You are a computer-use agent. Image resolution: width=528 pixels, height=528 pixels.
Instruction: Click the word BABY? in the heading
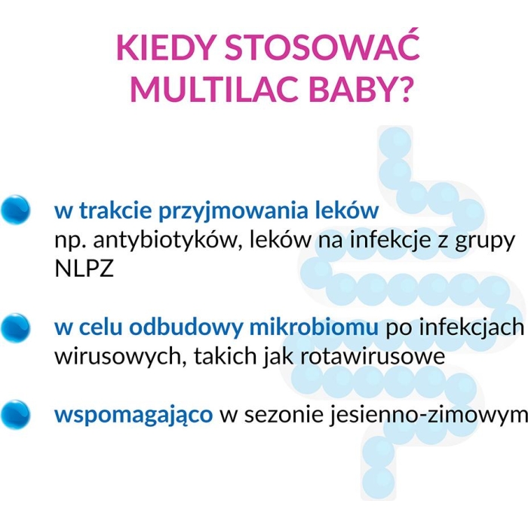click(x=360, y=87)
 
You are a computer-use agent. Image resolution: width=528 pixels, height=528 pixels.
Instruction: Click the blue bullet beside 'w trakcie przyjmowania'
click(x=15, y=210)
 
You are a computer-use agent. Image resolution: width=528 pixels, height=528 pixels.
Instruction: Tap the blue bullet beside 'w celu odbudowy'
click(x=15, y=328)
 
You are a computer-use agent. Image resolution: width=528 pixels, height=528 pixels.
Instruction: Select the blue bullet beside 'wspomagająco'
click(x=15, y=414)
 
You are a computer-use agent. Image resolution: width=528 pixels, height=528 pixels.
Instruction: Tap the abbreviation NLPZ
click(x=84, y=269)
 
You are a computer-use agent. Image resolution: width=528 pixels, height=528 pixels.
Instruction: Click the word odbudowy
click(x=186, y=329)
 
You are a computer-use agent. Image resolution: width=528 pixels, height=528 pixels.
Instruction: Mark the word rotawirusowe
click(x=373, y=356)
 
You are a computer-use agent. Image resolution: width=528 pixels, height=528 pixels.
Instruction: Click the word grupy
click(x=485, y=243)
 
